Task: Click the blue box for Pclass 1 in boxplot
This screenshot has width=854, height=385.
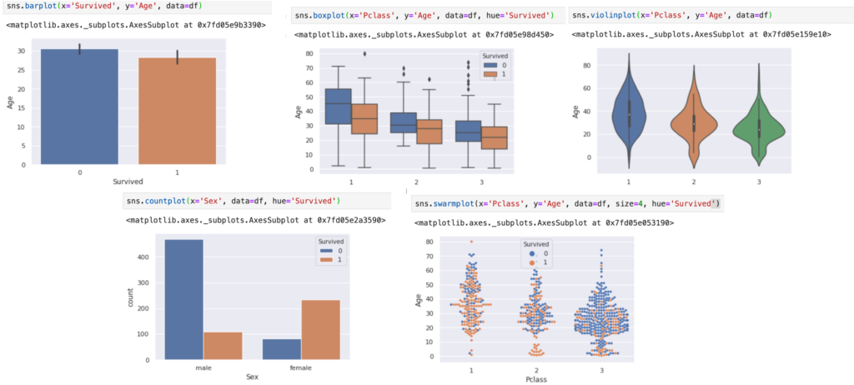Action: pos(338,106)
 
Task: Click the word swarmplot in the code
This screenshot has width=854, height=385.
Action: pos(454,203)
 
